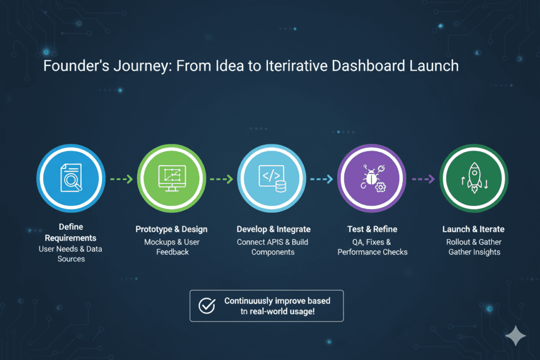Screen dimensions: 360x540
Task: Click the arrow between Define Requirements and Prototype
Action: (x=120, y=179)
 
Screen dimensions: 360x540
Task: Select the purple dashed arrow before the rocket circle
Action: (x=423, y=179)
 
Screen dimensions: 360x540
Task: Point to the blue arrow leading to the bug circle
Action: (x=322, y=179)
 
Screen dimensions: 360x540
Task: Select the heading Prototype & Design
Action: (x=171, y=229)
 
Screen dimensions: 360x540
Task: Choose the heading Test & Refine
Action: (x=372, y=229)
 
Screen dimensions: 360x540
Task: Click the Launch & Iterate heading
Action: (x=474, y=229)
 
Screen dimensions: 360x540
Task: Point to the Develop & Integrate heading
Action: (x=273, y=229)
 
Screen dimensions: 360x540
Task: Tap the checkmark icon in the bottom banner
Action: (x=206, y=306)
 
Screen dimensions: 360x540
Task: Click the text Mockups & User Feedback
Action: (x=171, y=247)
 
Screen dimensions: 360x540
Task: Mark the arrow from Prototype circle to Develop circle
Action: (x=221, y=179)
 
